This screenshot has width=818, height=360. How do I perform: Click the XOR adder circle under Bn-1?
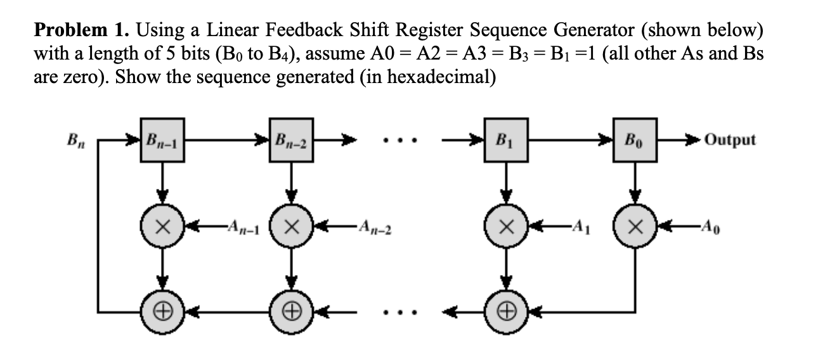[163, 312]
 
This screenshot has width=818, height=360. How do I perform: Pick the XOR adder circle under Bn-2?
[291, 312]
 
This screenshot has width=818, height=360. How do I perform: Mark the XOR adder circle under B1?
[505, 312]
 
